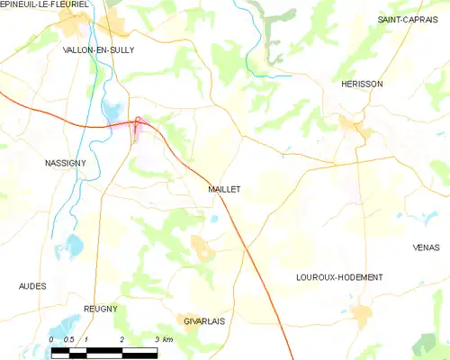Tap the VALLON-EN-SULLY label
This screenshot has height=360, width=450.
coord(98,50)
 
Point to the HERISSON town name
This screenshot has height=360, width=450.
coord(362,84)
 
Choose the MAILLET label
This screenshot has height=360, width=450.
coord(223,190)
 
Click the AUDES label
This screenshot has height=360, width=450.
coord(32,286)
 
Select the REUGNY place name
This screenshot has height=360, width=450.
coord(100,309)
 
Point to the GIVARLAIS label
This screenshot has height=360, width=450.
coord(204,320)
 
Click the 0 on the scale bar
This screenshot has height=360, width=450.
coord(52,338)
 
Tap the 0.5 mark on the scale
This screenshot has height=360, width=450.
coord(68,338)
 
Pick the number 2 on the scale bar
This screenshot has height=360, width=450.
coord(121,338)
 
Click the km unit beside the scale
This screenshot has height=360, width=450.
coord(166,338)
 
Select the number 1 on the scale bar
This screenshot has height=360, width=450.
coord(86,338)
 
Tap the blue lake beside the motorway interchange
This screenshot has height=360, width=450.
coord(115,112)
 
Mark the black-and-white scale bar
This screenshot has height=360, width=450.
coord(103,349)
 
